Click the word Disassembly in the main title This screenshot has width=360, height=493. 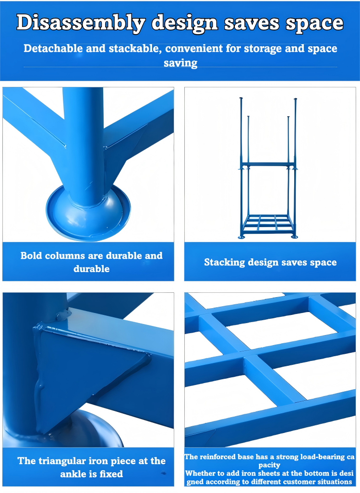point(81,23)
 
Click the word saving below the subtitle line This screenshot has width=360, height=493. point(180,63)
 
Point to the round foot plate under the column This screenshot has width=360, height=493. point(88,214)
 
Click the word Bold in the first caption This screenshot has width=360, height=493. point(31,255)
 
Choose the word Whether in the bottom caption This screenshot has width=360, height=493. point(197,473)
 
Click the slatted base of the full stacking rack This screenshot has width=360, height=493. point(268,224)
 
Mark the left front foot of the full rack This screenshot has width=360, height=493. point(241,237)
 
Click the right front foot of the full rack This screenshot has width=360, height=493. point(294,237)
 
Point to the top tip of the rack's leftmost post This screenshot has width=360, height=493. point(241,98)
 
